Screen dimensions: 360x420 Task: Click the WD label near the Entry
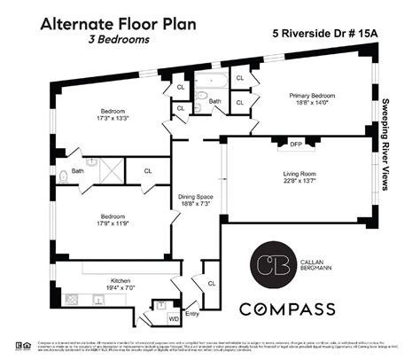pyautogui.click(x=173, y=317)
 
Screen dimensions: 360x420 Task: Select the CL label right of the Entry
pyautogui.click(x=212, y=283)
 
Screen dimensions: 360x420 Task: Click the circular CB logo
pyautogui.click(x=268, y=264)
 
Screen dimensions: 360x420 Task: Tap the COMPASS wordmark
pyautogui.click(x=289, y=309)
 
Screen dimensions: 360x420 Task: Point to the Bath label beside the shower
pyautogui.click(x=77, y=170)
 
